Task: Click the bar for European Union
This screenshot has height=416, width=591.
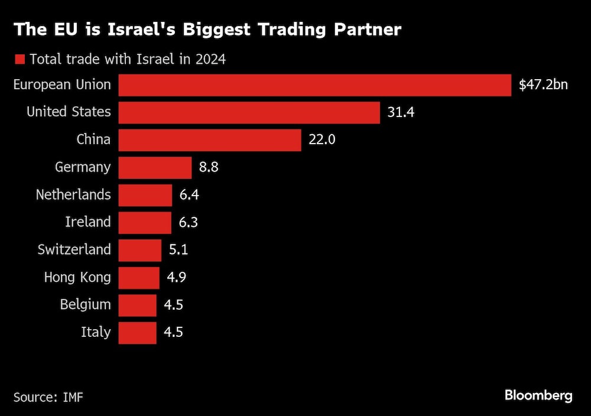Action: (314, 85)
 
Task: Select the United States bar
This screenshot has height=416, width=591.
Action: (249, 112)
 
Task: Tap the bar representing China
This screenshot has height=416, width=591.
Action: (210, 140)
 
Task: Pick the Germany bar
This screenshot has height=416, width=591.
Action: (155, 167)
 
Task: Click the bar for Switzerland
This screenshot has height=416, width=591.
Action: (139, 250)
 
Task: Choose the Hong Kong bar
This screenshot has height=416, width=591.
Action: (139, 277)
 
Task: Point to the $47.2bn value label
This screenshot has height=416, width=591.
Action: (543, 85)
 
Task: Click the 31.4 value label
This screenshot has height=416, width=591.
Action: (401, 112)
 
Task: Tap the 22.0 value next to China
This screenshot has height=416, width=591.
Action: (323, 140)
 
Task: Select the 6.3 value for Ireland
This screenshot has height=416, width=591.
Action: (189, 222)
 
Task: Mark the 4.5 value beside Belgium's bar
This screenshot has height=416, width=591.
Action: (173, 305)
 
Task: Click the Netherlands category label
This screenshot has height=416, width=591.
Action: (73, 194)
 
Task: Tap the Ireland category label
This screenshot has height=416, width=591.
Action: (87, 222)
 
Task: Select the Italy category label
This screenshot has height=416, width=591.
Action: (96, 332)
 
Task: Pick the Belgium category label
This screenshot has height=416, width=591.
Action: (85, 305)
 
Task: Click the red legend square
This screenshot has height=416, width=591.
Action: (20, 59)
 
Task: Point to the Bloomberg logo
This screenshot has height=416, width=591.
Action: (538, 395)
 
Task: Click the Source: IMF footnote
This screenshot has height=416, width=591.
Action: (48, 396)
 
